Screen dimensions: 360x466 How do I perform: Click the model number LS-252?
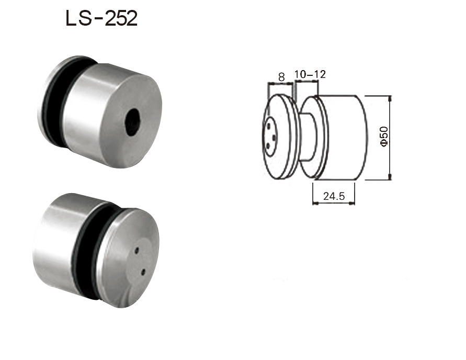101,19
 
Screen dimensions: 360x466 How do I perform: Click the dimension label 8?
281,76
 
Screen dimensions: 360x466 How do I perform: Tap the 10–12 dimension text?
310,74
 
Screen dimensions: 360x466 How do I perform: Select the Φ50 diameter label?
384,137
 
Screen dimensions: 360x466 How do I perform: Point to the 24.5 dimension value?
333,196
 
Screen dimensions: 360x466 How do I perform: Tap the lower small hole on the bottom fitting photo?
143,272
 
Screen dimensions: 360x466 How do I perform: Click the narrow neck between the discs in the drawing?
309,137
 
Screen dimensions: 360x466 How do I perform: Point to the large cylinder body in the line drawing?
343,137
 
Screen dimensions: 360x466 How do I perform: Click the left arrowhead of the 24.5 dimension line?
314,203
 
